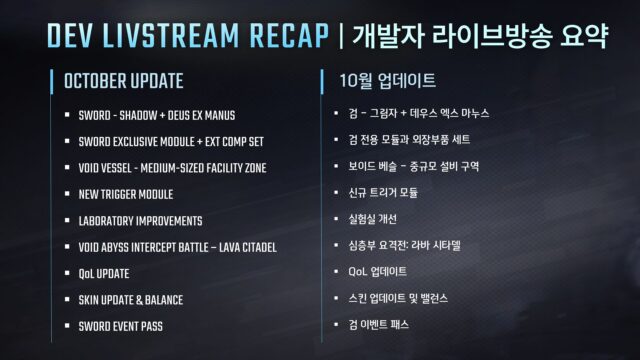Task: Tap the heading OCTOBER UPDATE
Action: [123, 80]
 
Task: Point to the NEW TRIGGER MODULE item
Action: [125, 193]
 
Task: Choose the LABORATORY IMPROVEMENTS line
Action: [140, 220]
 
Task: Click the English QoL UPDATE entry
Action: [104, 273]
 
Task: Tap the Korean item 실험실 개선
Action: [377, 220]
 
